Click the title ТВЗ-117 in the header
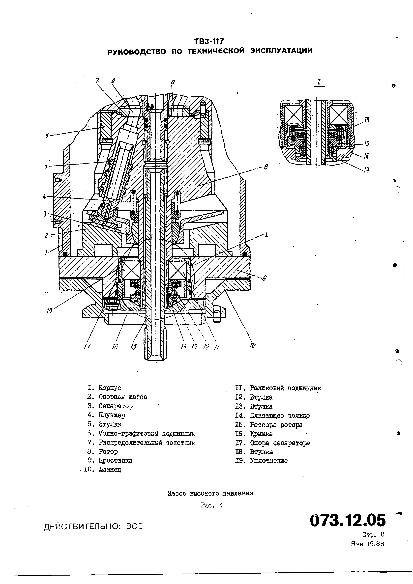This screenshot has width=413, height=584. [x=208, y=41]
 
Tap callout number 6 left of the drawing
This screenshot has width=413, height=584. [x=47, y=135]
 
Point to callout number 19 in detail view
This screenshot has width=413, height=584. [x=367, y=120]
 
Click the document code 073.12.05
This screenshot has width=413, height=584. [x=348, y=520]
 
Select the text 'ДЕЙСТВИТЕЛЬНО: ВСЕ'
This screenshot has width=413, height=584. [x=93, y=526]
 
